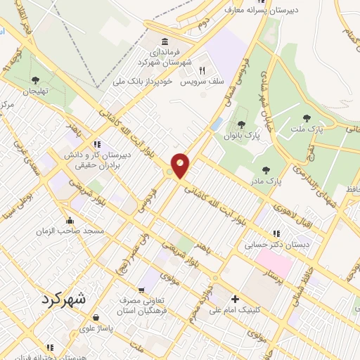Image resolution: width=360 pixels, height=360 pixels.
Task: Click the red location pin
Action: pyautogui.click(x=181, y=166)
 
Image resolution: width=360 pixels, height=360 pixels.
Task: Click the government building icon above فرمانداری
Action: pyautogui.click(x=164, y=41)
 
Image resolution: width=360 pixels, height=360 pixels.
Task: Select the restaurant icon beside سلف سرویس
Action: pyautogui.click(x=202, y=70)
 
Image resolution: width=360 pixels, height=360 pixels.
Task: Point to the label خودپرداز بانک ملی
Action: pyautogui.click(x=143, y=81)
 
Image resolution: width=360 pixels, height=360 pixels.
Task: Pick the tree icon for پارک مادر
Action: pyautogui.click(x=266, y=169)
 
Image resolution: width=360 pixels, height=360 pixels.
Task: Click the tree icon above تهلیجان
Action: pyautogui.click(x=36, y=79)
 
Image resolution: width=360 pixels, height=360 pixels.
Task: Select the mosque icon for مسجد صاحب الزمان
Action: pyautogui.click(x=69, y=219)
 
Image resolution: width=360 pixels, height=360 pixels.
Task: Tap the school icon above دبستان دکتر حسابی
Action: pyautogui.click(x=276, y=233)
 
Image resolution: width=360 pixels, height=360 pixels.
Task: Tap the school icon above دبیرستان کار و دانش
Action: pyautogui.click(x=105, y=144)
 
